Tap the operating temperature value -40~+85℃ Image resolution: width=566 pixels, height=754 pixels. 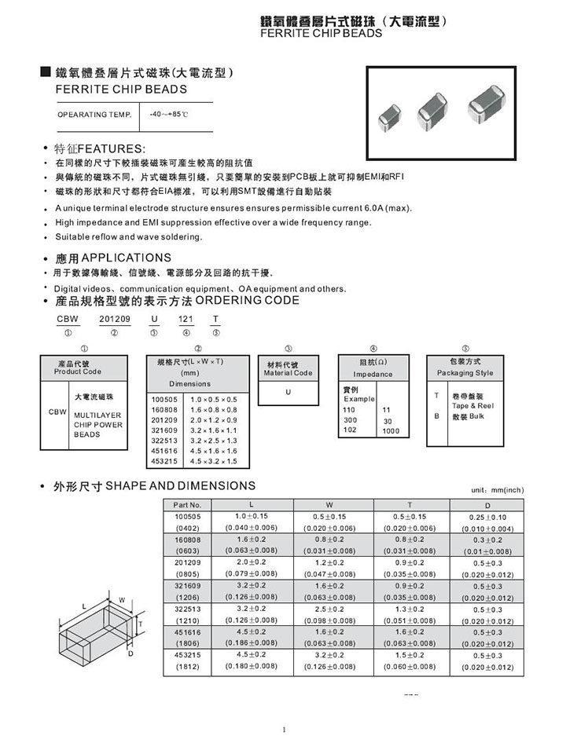point(169,115)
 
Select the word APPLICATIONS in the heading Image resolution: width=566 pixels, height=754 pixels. point(127,258)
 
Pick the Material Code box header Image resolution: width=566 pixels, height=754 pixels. point(288,368)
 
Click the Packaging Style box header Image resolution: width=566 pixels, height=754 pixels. point(465,367)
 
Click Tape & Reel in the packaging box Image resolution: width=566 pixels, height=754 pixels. point(473,405)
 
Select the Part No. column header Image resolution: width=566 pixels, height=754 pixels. point(187,504)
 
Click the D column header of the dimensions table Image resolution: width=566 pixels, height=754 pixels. point(487,504)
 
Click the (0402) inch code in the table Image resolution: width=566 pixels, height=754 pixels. point(187,528)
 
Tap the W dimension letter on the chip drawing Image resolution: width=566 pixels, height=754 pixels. point(122,600)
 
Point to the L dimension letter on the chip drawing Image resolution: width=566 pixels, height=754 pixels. point(83,606)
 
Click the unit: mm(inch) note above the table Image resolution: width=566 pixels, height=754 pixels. point(498,490)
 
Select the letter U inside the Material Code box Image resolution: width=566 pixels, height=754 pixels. point(289,393)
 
